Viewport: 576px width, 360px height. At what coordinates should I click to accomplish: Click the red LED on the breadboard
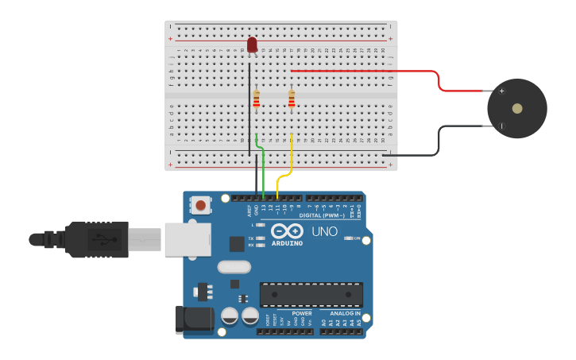coord(252,45)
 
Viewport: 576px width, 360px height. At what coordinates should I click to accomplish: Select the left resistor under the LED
coord(256,99)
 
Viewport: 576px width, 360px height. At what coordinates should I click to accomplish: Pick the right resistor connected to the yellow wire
coord(292,99)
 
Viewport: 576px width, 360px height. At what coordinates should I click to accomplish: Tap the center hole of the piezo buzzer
coord(517,108)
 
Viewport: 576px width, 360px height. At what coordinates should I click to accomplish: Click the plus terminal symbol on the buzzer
coord(501,91)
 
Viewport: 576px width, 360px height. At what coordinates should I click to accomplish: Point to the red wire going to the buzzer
coord(365,71)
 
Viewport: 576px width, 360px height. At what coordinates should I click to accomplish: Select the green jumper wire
coord(262,167)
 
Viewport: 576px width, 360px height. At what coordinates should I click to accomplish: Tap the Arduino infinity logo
coord(287,231)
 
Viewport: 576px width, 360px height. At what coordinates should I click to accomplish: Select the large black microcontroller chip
coord(311,294)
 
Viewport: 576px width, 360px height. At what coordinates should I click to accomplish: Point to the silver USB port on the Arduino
coord(187,239)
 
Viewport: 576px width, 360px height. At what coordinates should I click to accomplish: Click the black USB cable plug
coord(95,239)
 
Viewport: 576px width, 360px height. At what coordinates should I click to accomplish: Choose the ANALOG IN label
coord(345,313)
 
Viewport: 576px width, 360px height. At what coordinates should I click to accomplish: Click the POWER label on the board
coord(302,313)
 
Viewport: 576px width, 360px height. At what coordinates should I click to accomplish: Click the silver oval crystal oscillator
coord(234,267)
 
